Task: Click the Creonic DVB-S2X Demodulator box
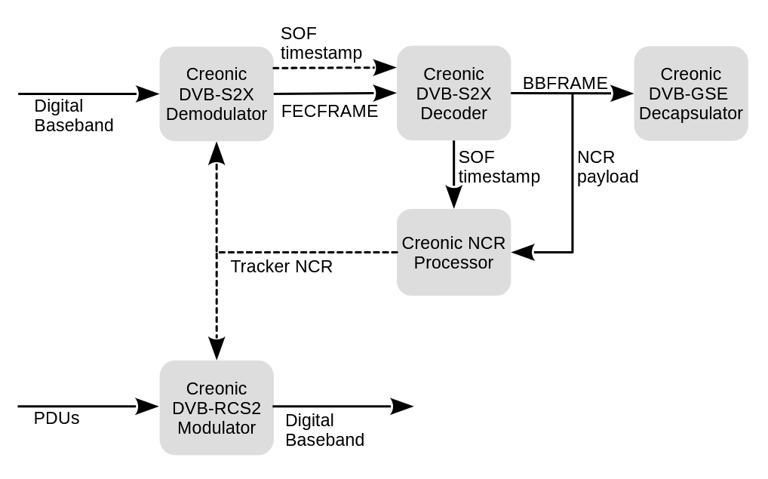click(x=217, y=94)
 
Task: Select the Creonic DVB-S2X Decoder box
click(x=453, y=94)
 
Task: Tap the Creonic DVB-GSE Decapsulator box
click(x=690, y=94)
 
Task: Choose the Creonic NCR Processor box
click(x=453, y=253)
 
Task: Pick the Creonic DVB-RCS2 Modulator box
click(x=217, y=408)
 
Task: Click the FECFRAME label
click(x=330, y=112)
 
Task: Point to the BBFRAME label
click(x=565, y=83)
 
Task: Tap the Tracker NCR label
click(x=281, y=267)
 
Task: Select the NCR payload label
click(x=607, y=167)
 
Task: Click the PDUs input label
click(x=57, y=418)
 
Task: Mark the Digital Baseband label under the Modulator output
click(x=324, y=430)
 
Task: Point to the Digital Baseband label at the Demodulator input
click(x=74, y=115)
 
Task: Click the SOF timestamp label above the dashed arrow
click(x=321, y=43)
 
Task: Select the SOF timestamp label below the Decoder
click(x=499, y=167)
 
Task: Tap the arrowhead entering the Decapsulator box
click(x=622, y=94)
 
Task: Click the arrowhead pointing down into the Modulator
click(x=217, y=349)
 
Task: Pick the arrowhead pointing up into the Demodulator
click(x=217, y=153)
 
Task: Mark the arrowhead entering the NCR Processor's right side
click(x=524, y=252)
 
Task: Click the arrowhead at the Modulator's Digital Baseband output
click(x=401, y=407)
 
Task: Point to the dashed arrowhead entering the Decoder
click(x=386, y=68)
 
